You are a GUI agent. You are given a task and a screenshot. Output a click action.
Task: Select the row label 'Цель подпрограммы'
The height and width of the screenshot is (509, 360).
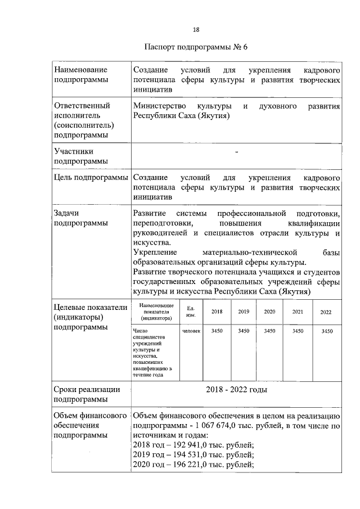pos(90,178)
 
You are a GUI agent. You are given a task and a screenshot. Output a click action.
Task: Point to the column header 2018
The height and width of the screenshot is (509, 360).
pos(217,312)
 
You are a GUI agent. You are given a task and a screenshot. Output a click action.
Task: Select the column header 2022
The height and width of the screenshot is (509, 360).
pos(326,312)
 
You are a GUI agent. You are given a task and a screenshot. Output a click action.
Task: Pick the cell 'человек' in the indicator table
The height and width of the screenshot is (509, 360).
pos(191,331)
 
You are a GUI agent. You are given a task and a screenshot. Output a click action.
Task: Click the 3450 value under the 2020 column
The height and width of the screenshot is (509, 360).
pos(269,331)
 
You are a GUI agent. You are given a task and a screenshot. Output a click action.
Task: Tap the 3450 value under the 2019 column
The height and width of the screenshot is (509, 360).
pos(244,331)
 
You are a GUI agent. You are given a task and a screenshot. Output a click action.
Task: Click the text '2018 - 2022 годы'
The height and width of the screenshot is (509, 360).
pos(236,389)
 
